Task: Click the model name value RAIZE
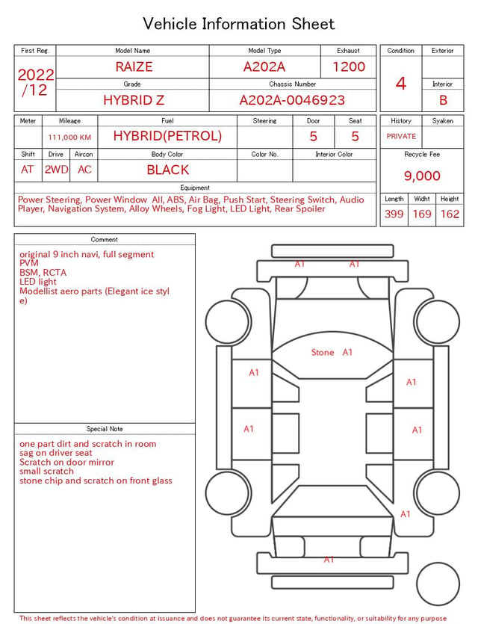click(x=134, y=67)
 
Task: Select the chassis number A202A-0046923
click(x=292, y=100)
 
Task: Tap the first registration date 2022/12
click(x=35, y=82)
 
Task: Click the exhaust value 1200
click(x=349, y=67)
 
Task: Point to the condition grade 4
click(x=401, y=84)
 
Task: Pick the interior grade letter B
click(x=443, y=100)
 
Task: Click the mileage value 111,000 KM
click(x=69, y=138)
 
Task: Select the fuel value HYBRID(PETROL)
click(x=167, y=136)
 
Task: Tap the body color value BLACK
click(x=168, y=170)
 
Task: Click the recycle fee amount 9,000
click(x=422, y=176)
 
